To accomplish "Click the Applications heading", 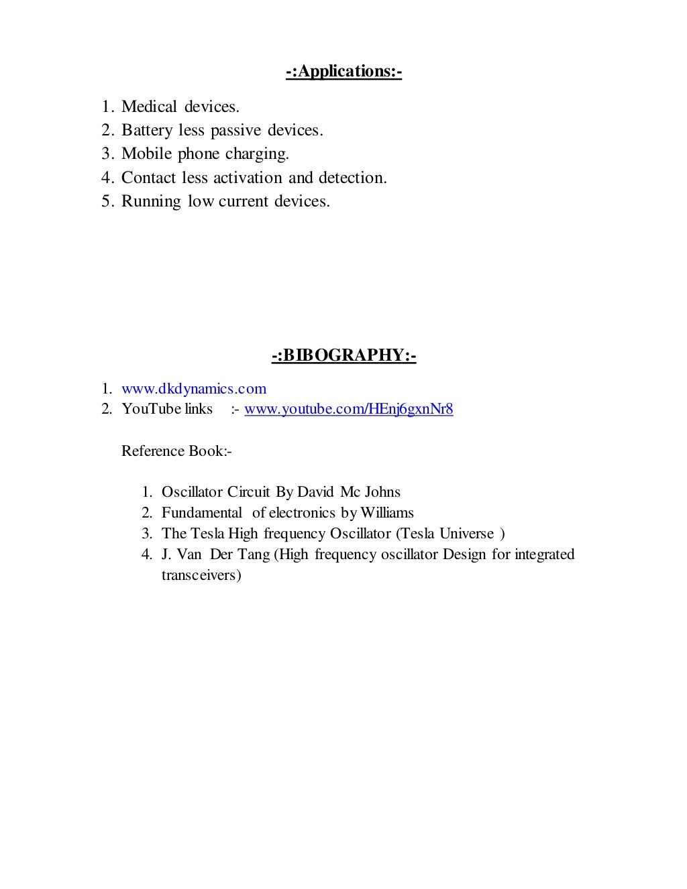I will (x=343, y=71).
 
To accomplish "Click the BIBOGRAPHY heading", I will (x=343, y=355).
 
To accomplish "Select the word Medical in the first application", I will (x=149, y=107).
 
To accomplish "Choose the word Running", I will (x=151, y=202).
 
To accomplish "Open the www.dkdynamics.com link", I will (x=194, y=389).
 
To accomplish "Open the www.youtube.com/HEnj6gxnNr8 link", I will (x=348, y=409).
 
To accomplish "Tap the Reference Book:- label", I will (x=176, y=451).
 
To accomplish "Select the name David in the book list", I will (x=315, y=492).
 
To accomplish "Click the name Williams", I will (x=387, y=513).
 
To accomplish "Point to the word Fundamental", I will (x=201, y=513).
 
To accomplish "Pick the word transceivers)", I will (x=201, y=575).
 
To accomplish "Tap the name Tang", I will (x=254, y=554).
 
